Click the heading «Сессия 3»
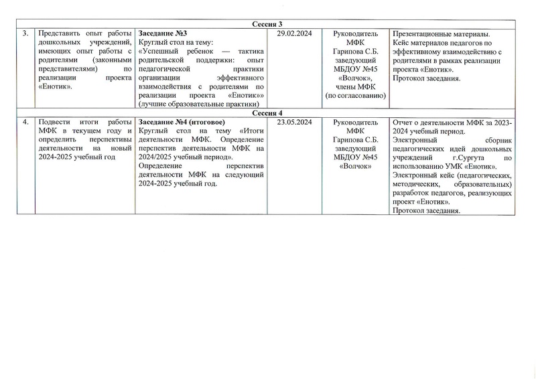click(x=268, y=25)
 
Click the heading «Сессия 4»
click(x=268, y=113)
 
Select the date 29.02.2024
click(x=293, y=33)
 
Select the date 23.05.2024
click(x=293, y=121)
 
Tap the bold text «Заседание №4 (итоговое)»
click(x=181, y=121)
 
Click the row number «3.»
click(x=25, y=33)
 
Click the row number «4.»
click(x=25, y=121)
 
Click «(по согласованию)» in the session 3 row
click(x=355, y=95)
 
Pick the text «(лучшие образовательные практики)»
click(x=198, y=104)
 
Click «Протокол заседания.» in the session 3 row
click(x=425, y=78)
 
